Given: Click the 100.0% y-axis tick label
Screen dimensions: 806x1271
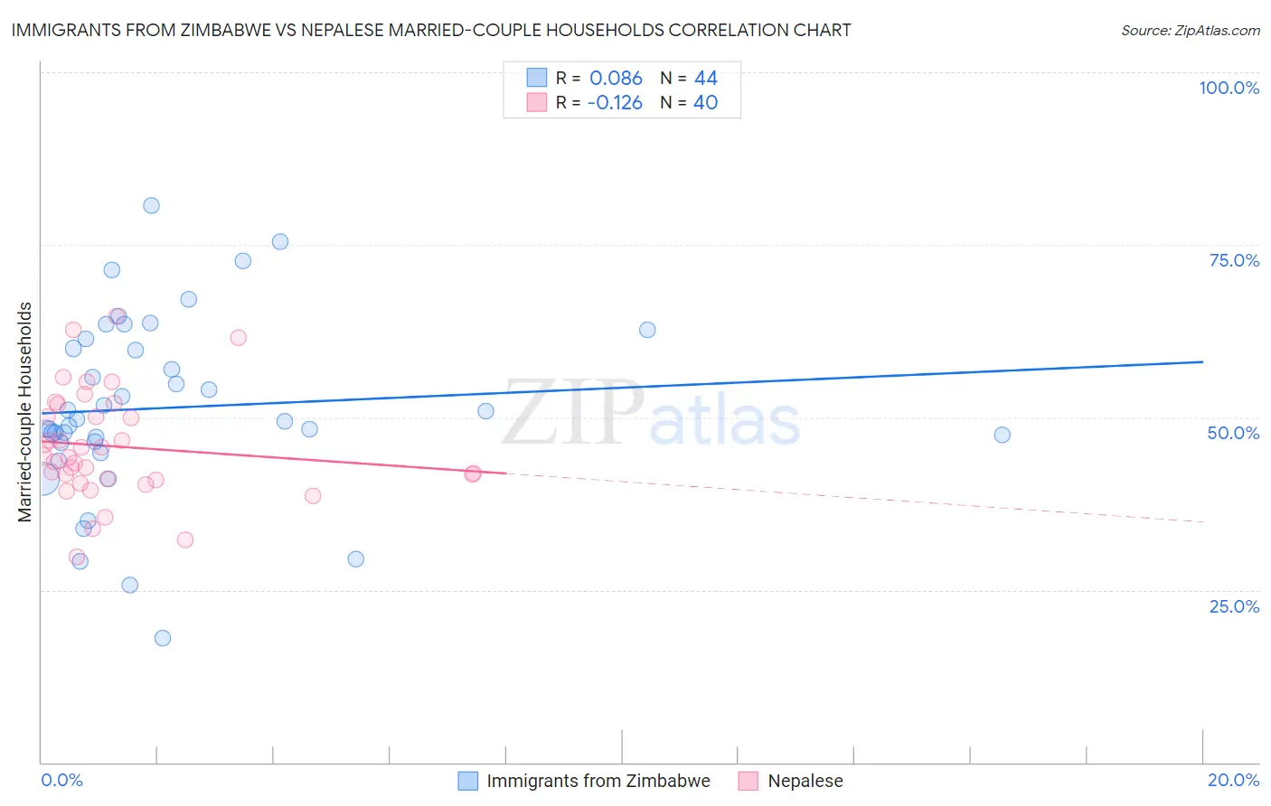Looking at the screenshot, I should coord(1229,88).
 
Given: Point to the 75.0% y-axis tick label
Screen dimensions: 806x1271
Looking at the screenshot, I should coord(1234,260).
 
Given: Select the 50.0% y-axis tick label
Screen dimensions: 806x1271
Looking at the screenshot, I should coord(1233,433).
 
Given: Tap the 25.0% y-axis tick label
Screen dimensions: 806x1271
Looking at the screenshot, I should coord(1234,605).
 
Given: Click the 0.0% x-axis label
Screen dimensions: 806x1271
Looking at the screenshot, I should coord(61,780).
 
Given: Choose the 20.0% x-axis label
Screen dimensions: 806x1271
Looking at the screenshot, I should coord(1233,780).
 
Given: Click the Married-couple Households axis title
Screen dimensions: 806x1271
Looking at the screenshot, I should coord(25,412).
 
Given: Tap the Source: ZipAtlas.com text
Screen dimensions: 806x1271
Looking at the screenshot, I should coord(1190,31).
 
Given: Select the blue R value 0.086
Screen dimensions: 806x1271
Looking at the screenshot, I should coord(616,79).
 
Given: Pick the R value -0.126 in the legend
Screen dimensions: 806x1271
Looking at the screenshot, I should coord(615,103).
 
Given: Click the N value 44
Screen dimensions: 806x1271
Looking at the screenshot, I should coord(705,79).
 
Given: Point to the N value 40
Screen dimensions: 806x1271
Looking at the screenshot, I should coord(705,103).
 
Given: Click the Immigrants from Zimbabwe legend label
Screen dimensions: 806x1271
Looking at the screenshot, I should coord(598,781).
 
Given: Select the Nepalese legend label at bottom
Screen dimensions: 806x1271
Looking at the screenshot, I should coord(805,781).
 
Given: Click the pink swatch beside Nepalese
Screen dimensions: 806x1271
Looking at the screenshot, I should coord(748,781).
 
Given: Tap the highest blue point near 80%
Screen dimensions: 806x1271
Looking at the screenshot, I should coord(151,206).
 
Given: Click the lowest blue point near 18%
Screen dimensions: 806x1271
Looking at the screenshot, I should coord(163,638).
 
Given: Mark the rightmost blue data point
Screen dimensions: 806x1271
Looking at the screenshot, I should coord(1002,435).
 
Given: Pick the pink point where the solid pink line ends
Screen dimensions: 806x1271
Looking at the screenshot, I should coord(472,473).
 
